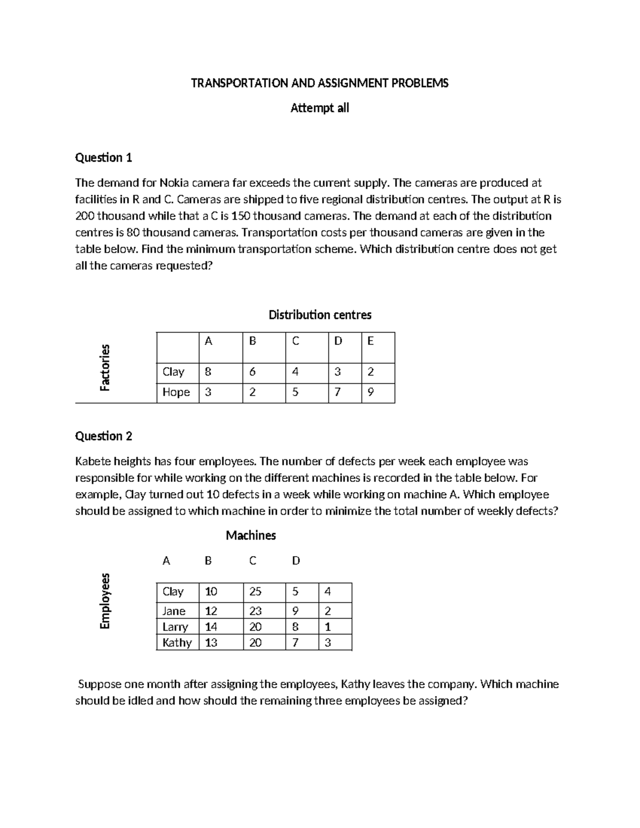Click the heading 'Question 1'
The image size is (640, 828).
[x=103, y=157]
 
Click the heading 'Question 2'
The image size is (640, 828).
[x=103, y=436]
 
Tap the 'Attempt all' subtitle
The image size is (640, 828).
[x=319, y=108]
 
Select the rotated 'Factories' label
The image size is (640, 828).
[x=105, y=367]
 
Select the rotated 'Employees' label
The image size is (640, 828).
[x=105, y=601]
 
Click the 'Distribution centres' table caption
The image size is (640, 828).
[x=319, y=315]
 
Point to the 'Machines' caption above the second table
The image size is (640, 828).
[x=251, y=535]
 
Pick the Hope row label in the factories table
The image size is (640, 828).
[x=176, y=392]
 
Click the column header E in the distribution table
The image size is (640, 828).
[x=371, y=341]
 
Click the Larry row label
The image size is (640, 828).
[x=175, y=627]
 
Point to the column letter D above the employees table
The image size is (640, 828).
[x=296, y=561]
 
